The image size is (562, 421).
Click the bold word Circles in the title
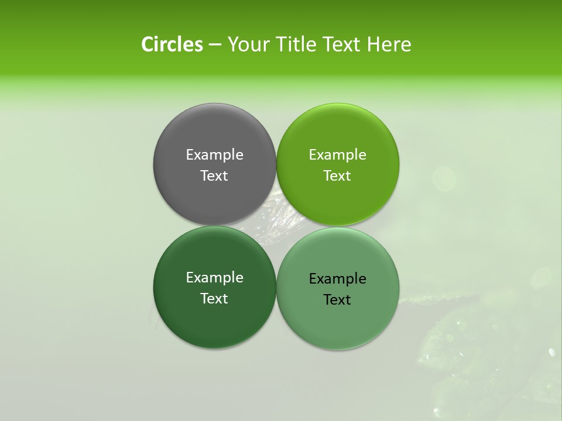(172, 44)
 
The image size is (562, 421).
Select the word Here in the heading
(389, 44)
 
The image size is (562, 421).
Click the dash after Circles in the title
(215, 44)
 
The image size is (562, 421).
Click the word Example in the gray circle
(214, 155)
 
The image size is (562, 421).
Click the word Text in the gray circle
(214, 176)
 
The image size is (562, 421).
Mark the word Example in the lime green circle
(337, 155)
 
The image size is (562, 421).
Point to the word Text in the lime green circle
(337, 176)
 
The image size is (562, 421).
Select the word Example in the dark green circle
(214, 278)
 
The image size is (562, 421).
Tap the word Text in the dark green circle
(214, 299)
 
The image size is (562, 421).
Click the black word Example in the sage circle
(337, 279)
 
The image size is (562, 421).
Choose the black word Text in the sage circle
(337, 300)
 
